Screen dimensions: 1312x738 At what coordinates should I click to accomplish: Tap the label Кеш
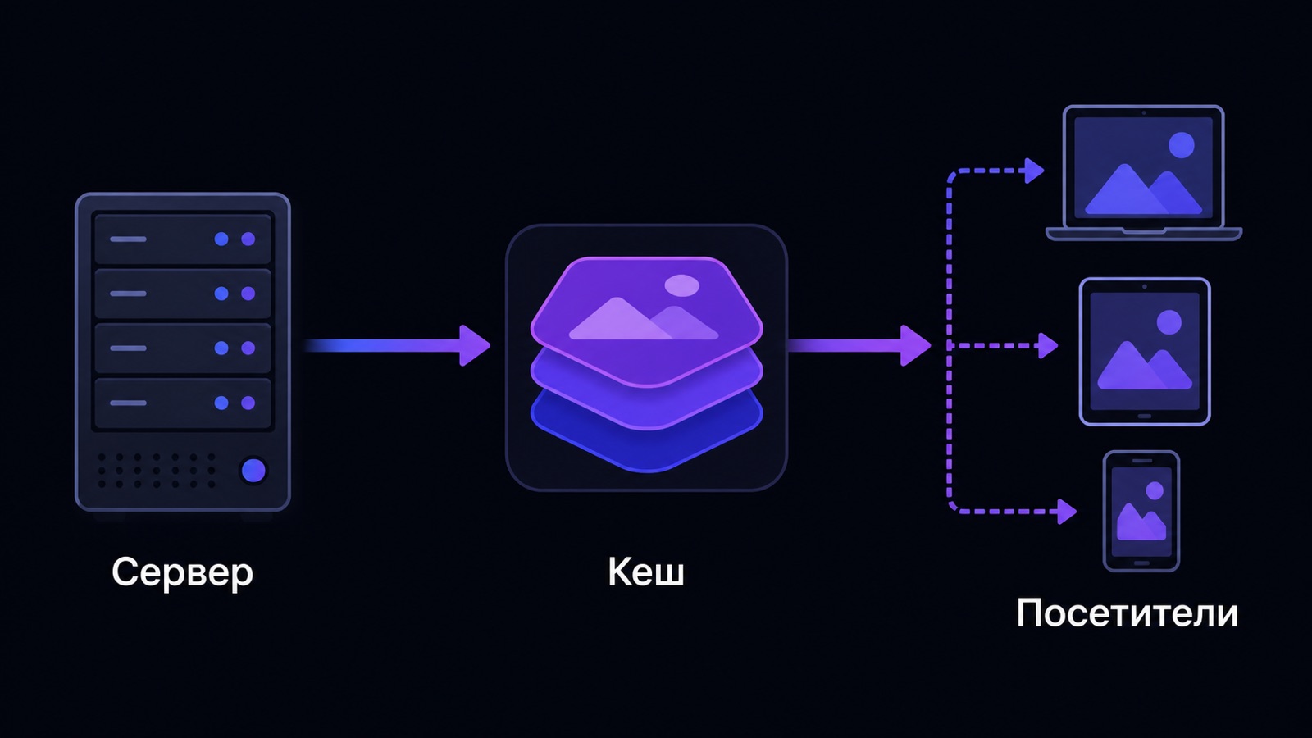pos(646,572)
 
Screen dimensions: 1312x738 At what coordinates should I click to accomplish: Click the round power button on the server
pos(253,471)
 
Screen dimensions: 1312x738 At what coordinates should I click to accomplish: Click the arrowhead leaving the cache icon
pos(915,345)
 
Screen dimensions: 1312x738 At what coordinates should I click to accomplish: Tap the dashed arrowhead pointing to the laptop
pos(1034,171)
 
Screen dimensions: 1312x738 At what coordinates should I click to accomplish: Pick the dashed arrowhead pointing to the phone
pos(1067,512)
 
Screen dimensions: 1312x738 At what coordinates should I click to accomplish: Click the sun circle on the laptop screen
pos(1182,144)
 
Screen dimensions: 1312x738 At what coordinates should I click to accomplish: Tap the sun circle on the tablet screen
pos(1169,322)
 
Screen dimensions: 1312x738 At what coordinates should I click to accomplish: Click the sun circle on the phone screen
pos(1155,491)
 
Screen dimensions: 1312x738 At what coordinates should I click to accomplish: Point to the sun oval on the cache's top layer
pos(681,285)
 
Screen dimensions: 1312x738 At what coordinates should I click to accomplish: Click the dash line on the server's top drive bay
pos(128,239)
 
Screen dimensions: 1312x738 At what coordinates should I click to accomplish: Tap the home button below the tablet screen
pos(1144,417)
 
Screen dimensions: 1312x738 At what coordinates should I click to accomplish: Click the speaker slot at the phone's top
pos(1141,460)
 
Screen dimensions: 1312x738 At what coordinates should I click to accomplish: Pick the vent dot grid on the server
pos(157,471)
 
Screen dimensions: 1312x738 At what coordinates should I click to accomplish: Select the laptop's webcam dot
pos(1143,112)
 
